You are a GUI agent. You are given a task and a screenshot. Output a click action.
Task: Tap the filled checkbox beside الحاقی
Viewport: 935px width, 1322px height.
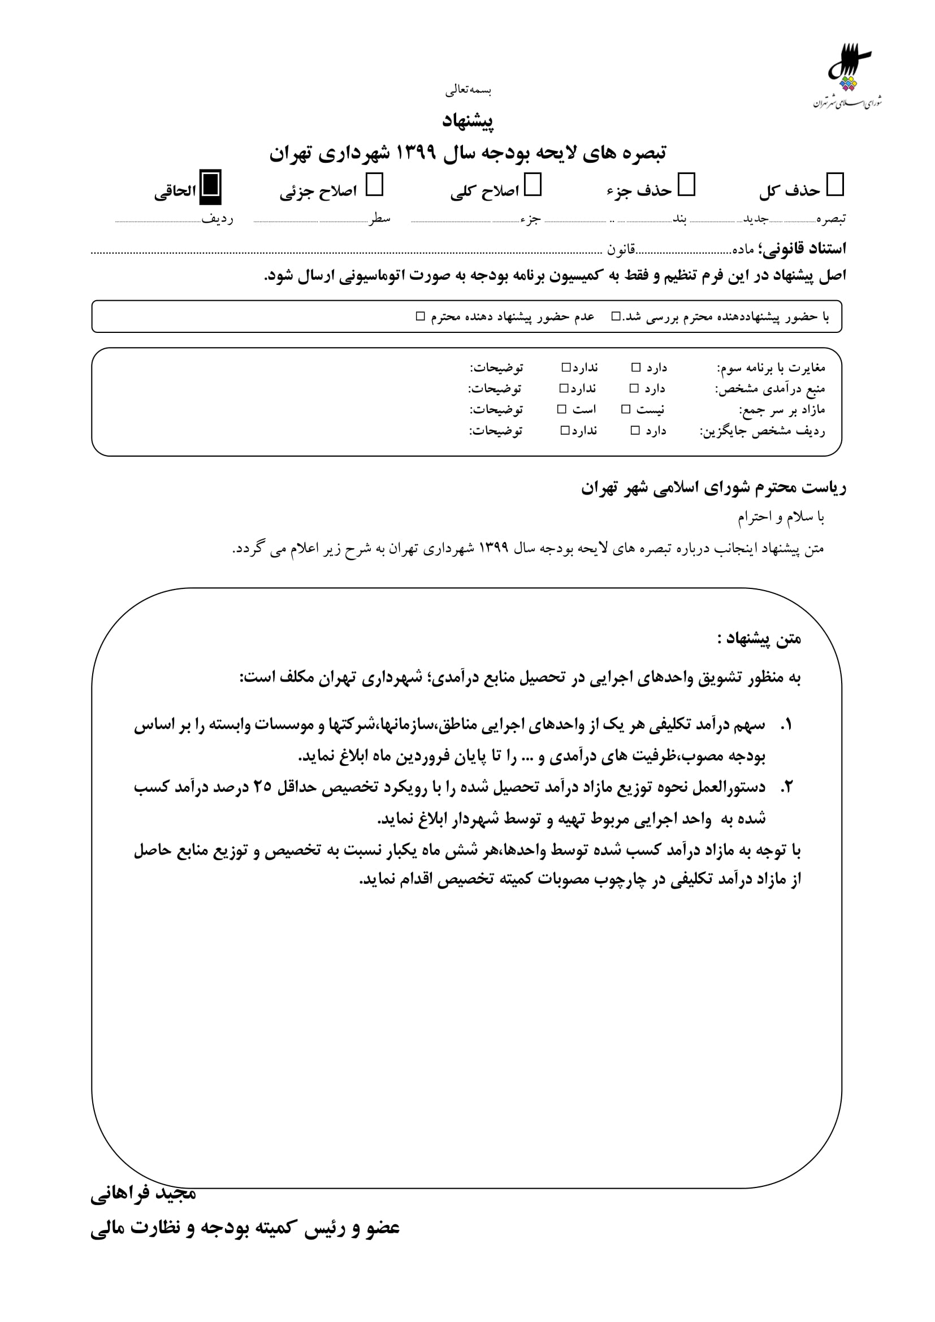point(210,187)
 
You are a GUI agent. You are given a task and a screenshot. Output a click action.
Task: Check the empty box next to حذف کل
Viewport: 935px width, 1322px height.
point(835,185)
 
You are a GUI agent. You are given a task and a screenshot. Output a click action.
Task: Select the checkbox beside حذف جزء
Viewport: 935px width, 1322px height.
point(686,185)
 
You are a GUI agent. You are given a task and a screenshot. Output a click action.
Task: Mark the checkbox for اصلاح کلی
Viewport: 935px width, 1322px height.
point(533,185)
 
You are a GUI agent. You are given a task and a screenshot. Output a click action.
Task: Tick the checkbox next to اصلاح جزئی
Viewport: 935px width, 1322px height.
point(374,185)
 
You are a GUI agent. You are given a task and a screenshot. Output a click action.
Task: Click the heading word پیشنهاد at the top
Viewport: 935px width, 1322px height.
point(467,121)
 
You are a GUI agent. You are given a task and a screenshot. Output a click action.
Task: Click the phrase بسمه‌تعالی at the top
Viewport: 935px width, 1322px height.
point(467,90)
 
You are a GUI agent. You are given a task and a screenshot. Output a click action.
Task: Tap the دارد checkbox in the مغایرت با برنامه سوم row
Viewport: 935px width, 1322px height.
point(636,367)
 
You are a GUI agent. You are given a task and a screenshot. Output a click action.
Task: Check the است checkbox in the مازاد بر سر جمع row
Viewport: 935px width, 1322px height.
point(562,409)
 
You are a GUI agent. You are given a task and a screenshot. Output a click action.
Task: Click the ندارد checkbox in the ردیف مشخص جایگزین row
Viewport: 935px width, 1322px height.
point(565,430)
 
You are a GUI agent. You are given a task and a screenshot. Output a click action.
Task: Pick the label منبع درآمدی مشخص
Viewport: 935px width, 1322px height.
point(770,389)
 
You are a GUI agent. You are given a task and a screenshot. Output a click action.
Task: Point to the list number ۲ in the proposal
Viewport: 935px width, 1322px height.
point(786,787)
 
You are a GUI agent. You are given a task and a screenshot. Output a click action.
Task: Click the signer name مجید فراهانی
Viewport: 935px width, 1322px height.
point(144,1194)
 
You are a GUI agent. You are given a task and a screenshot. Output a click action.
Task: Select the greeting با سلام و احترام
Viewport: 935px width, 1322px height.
point(781,518)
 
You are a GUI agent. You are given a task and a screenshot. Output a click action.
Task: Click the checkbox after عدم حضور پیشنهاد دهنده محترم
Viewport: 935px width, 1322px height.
point(420,316)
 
